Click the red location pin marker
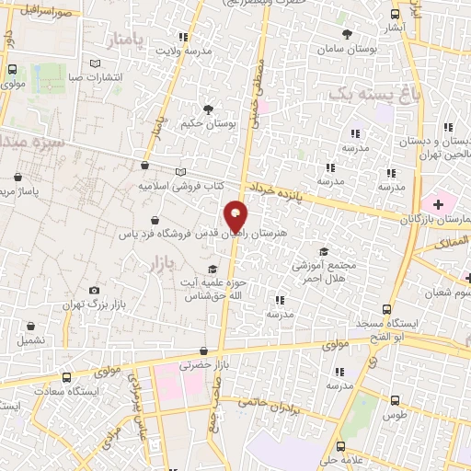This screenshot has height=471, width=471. tap(236, 215)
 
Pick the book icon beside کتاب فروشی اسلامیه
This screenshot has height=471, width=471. tap(181, 172)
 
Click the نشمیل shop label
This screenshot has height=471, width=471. tap(30, 339)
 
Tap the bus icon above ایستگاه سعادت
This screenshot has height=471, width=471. tap(65, 377)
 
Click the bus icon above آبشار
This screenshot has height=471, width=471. tap(396, 15)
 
